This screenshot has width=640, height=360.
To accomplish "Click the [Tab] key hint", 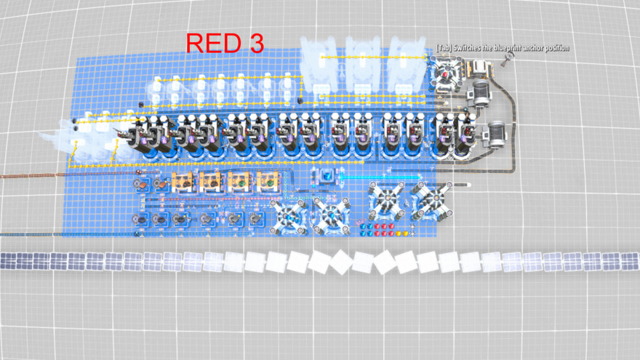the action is (x=444, y=48).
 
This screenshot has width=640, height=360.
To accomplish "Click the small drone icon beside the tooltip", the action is (x=508, y=58).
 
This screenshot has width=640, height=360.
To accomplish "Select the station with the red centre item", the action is (x=446, y=74).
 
